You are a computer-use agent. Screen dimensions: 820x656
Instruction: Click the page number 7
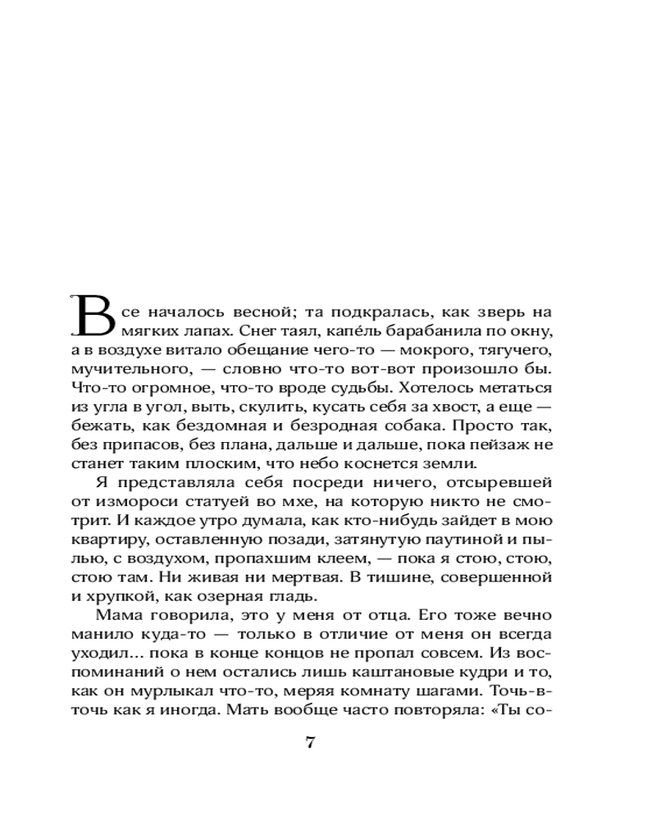coord(310,743)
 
